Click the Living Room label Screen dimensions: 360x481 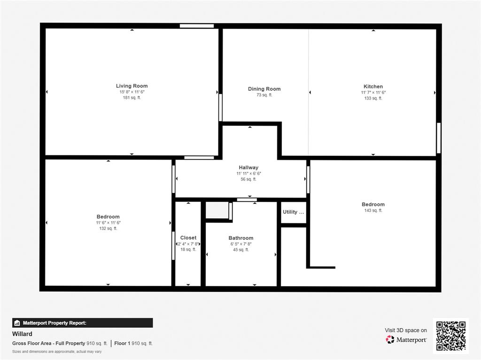coord(132,86)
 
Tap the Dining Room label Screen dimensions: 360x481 coord(264,89)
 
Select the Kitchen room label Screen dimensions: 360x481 coord(373,86)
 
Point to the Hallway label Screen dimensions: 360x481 coord(248,168)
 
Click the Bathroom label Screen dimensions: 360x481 coord(241,238)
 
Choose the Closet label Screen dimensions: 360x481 coord(188,237)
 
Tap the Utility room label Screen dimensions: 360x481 coord(293,212)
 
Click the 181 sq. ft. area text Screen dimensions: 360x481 coord(132,98)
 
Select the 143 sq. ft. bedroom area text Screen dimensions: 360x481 coord(373,211)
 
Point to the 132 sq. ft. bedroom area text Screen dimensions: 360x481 coord(108,229)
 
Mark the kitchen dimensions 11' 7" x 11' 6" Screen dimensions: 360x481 coord(373,92)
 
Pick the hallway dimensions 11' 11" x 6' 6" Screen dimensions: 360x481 coord(248,174)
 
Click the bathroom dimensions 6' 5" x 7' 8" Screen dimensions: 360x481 coord(241,244)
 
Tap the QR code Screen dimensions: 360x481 coord(450,336)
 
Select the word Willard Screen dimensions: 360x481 coord(22,334)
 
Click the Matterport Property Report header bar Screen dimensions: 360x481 coord(82,323)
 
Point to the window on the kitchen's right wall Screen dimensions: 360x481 coord(439,138)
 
